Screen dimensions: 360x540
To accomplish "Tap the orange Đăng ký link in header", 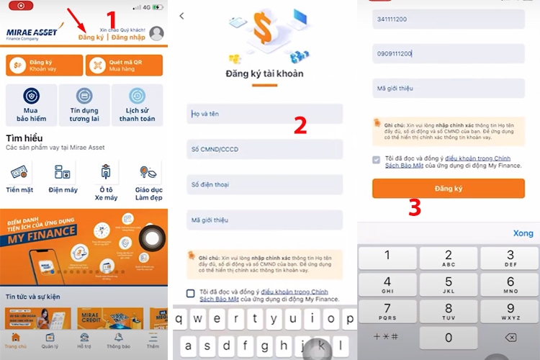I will tap(91, 37).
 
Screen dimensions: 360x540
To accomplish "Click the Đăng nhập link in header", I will tap(128, 37).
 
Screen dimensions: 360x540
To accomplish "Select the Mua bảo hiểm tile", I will tap(30, 104).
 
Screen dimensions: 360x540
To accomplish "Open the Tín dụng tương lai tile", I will tap(84, 104).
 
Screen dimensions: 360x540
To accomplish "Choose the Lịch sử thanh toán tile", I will tap(138, 104).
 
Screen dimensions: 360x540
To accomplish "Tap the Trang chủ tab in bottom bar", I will tap(16, 341).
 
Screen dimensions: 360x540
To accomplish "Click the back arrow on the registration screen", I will tap(181, 16).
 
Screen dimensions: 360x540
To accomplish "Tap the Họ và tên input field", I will tap(264, 114).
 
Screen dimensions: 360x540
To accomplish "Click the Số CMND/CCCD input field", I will tap(264, 149).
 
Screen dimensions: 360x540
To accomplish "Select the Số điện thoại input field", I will tap(264, 184).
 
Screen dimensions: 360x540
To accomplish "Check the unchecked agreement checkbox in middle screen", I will tap(191, 293).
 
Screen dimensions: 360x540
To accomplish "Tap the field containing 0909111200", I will tap(448, 53).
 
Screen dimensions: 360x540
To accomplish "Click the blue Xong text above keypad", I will tap(523, 233).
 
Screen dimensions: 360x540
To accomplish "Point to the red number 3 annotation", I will tap(415, 208).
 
